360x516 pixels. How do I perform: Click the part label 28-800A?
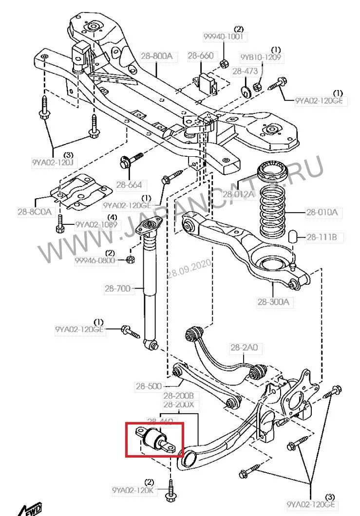(x=156, y=56)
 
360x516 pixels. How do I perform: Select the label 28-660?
(x=200, y=56)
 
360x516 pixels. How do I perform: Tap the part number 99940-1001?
(x=224, y=37)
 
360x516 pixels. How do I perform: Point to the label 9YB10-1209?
(x=261, y=57)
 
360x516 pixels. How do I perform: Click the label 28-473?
(x=245, y=71)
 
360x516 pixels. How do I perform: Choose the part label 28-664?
(x=129, y=184)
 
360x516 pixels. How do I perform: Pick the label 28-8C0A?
(x=34, y=212)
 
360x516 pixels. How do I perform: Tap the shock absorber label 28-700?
(x=117, y=288)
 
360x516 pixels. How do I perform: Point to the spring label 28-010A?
(x=322, y=212)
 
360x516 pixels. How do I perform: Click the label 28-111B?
(x=322, y=238)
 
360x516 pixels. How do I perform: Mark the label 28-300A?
(x=273, y=301)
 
